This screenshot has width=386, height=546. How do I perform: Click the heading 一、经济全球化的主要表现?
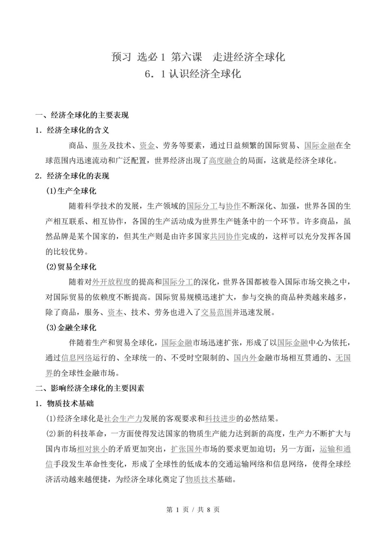[x=82, y=115]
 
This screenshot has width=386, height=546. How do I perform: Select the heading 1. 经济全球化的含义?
[x=72, y=130]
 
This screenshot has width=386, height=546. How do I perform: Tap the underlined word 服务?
[x=100, y=146]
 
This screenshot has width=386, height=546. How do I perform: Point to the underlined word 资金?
[x=147, y=146]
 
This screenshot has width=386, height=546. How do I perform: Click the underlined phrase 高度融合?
[x=224, y=161]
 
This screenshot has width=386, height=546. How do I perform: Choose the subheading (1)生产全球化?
[x=71, y=191]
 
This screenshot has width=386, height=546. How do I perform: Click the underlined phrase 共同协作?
[x=225, y=236]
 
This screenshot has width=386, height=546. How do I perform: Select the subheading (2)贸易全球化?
[x=71, y=267]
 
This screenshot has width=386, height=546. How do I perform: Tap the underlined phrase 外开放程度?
[x=112, y=282]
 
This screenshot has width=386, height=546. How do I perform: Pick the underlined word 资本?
[x=115, y=313]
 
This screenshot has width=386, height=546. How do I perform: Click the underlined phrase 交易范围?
[x=217, y=313]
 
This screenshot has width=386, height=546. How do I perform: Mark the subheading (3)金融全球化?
[x=71, y=328]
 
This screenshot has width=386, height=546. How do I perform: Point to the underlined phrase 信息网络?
[x=77, y=358]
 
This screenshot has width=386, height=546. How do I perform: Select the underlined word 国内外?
[x=245, y=358]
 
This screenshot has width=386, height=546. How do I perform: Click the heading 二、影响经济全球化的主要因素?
[x=90, y=388]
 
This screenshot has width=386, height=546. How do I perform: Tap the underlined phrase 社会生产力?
[x=123, y=419]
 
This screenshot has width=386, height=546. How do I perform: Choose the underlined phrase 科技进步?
[x=221, y=419]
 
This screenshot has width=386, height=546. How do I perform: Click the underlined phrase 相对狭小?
[x=92, y=449]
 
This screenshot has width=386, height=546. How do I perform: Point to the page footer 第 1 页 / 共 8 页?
[x=193, y=510]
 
